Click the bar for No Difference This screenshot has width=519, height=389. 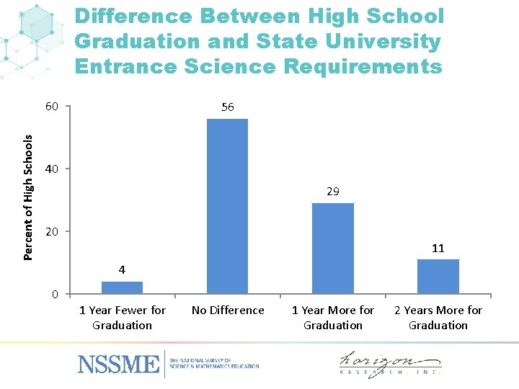coord(227,206)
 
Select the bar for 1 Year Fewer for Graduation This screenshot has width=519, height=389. coord(122,287)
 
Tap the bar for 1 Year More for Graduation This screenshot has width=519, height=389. coord(332,248)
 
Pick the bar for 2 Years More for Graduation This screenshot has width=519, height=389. coord(438,276)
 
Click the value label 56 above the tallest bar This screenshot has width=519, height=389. coord(227,107)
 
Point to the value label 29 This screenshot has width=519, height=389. coord(332,192)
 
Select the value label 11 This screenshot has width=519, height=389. coord(438,248)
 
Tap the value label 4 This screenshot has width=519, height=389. coord(122,270)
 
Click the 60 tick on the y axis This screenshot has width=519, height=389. coord(51,107)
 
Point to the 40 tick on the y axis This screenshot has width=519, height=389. coord(51,169)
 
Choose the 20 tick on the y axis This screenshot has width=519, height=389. coord(51,232)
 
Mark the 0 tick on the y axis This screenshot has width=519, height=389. coord(55,295)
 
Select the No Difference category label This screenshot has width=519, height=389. coord(228,310)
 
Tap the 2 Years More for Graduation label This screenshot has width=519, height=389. coord(438,318)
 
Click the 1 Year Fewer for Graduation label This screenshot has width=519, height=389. coord(122,318)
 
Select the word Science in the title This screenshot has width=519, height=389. coord(317,67)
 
